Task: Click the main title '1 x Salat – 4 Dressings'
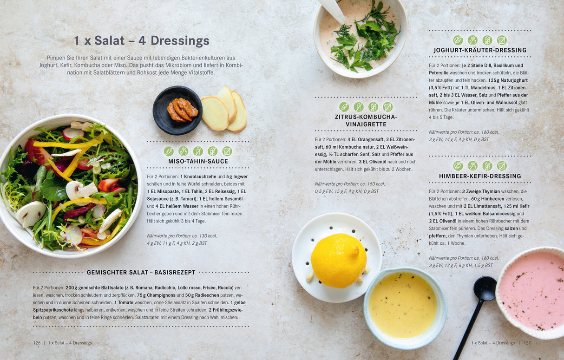[x=142, y=40]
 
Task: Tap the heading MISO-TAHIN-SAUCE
[x=198, y=161]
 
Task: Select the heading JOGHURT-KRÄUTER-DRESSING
[x=480, y=50]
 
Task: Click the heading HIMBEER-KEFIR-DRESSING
[x=480, y=176]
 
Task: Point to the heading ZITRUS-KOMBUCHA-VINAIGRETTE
[x=366, y=121]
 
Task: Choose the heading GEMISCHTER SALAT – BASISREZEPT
[x=141, y=272]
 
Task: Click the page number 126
[x=37, y=343]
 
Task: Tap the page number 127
[x=527, y=343]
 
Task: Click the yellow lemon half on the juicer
[x=339, y=261]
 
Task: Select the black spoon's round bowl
[x=485, y=289]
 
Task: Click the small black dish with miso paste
[x=177, y=111]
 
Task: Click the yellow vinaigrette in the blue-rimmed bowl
[x=403, y=305]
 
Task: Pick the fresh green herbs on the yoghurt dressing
[x=365, y=38]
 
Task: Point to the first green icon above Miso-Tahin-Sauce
[x=169, y=151]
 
